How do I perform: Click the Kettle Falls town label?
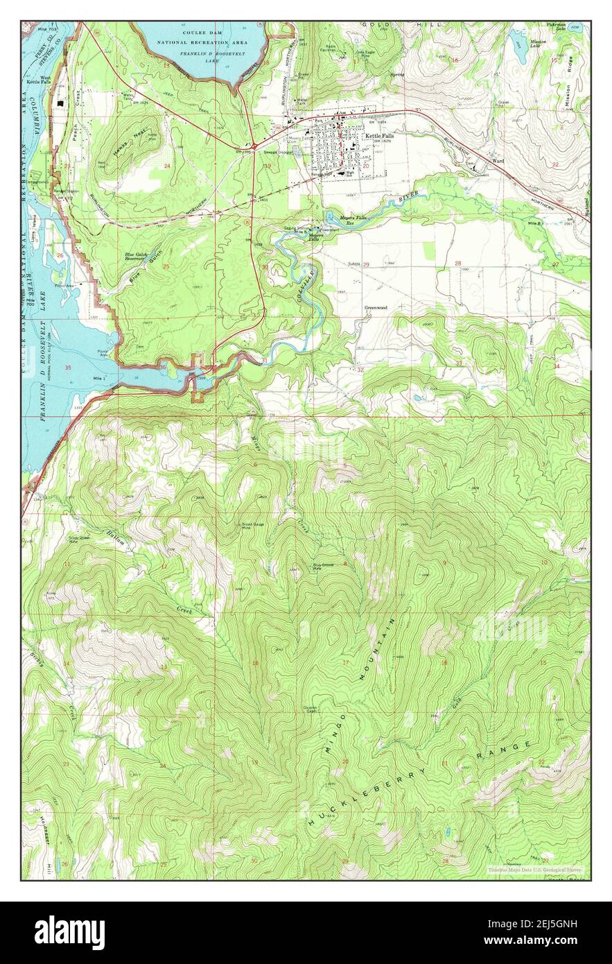379,136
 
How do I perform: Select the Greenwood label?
376,307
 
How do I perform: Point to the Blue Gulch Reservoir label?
135,257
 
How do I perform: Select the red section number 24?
167,166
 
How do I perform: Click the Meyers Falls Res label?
340,222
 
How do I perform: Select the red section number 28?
457,264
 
